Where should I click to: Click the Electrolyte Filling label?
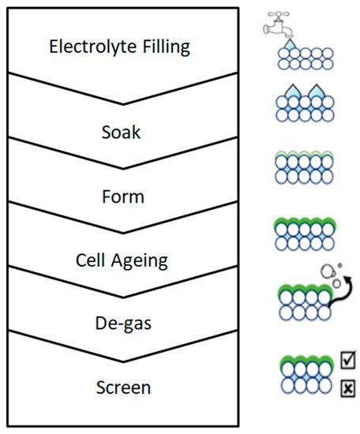(x=119, y=47)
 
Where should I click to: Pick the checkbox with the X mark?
(x=347, y=388)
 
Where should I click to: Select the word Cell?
(x=90, y=260)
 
